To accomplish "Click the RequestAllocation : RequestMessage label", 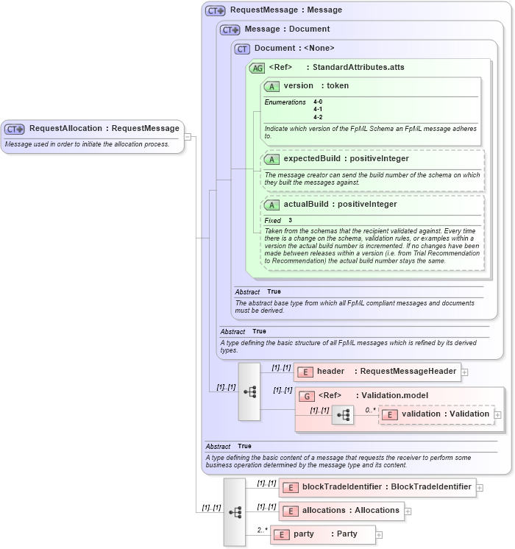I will (104, 129).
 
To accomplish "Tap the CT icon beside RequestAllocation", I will (15, 129).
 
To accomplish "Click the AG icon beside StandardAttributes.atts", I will (257, 68).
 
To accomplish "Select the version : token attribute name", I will (316, 86).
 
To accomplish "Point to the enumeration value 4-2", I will (318, 117).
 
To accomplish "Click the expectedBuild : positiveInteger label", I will (346, 158).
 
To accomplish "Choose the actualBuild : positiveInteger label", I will (340, 205).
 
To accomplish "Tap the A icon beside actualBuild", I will (271, 205).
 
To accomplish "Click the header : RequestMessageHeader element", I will (377, 372).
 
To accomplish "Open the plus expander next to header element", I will (465, 372).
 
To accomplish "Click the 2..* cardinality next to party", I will (262, 530).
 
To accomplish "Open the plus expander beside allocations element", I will (408, 511).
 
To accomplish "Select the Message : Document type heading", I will (286, 29).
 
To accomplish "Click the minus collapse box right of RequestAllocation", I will (188, 136).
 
